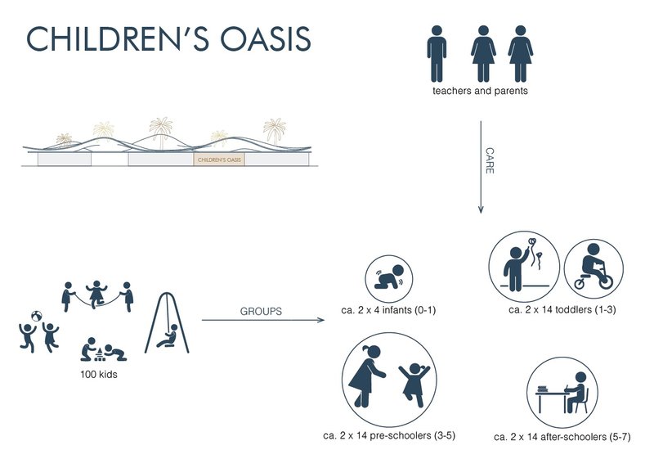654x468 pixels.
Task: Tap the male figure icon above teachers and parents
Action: [x=437, y=53]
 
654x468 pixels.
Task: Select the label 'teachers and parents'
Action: [x=480, y=91]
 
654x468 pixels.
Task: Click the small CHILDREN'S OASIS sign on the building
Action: [x=219, y=160]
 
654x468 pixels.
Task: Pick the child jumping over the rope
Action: [x=97, y=293]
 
